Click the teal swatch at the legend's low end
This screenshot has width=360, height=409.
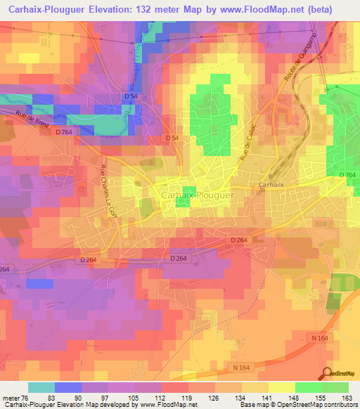pyautogui.click(x=41, y=387)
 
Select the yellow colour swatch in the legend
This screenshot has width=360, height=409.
pyautogui.click(x=281, y=387)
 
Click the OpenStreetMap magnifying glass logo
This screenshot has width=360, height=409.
pyautogui.click(x=327, y=373)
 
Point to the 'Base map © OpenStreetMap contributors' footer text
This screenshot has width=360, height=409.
pyautogui.click(x=298, y=405)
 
